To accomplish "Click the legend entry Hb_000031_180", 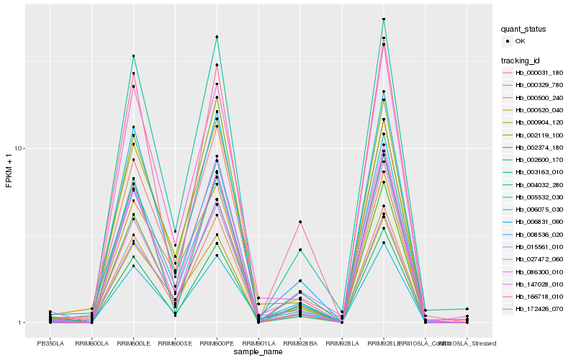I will coord(533,73).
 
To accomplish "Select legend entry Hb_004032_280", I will coord(533,184).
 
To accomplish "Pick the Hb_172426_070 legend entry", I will coord(533,309).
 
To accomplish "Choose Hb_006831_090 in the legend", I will coord(533,222).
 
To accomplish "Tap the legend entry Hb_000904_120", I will coord(533,122).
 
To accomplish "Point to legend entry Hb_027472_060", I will coord(533,259).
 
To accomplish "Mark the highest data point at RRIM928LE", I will coord(384,19).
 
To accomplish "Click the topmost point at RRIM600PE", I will coord(217,37).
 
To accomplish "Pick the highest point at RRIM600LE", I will coord(133,56).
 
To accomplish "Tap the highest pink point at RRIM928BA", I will coord(300,222).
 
